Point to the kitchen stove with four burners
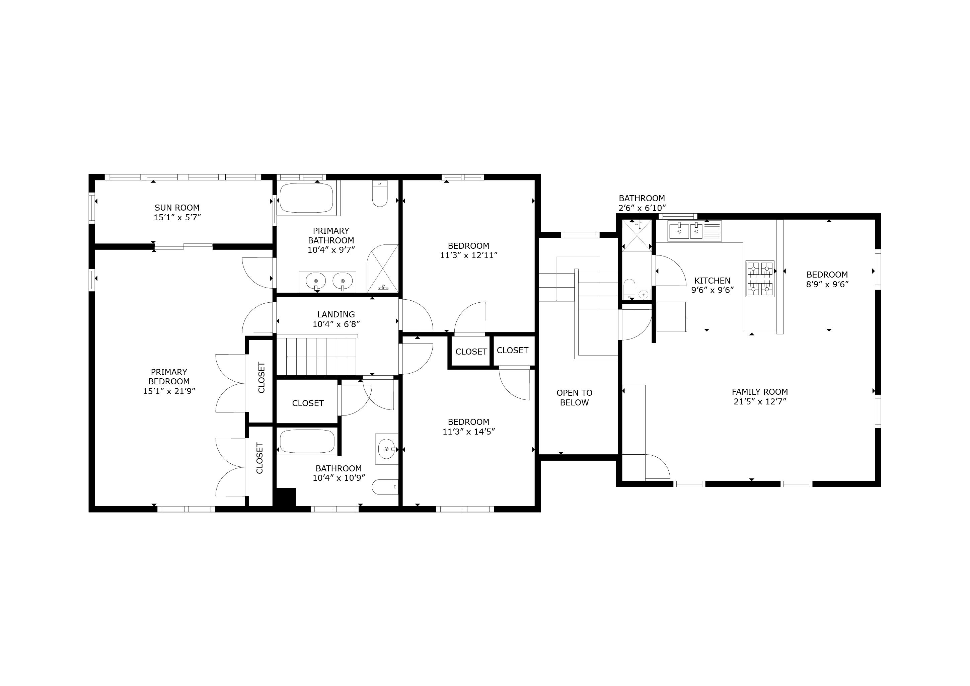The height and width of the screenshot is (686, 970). pyautogui.click(x=760, y=279)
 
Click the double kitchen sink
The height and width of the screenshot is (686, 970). pyautogui.click(x=686, y=231)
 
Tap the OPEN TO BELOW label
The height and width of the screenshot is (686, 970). pyautogui.click(x=574, y=397)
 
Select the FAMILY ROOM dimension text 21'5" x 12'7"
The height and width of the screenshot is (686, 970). pyautogui.click(x=760, y=402)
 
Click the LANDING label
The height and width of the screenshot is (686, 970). pyautogui.click(x=336, y=314)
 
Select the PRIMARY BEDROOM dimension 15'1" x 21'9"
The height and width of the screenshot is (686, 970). pyautogui.click(x=169, y=391)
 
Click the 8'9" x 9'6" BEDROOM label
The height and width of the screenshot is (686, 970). pyautogui.click(x=827, y=275)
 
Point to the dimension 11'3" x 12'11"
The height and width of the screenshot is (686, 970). pyautogui.click(x=468, y=255)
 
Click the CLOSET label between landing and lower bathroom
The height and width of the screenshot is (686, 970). pyautogui.click(x=308, y=403)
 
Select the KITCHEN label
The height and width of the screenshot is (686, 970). pyautogui.click(x=712, y=281)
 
